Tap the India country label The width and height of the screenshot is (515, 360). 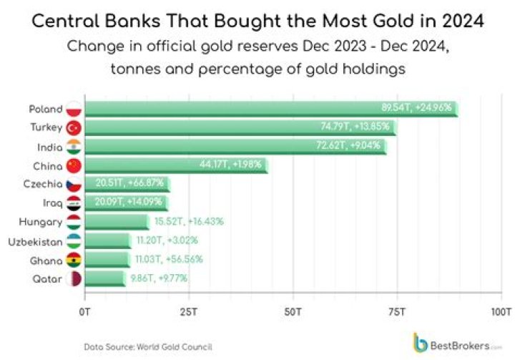point(49,147)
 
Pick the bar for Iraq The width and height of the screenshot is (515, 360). point(126,203)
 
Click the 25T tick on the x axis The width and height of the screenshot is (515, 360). point(189,312)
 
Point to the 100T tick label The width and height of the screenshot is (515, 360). point(501,312)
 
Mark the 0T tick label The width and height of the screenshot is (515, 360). point(85,312)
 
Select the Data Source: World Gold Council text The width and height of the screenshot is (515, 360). point(148,346)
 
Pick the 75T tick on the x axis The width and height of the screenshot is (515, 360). point(397,312)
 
